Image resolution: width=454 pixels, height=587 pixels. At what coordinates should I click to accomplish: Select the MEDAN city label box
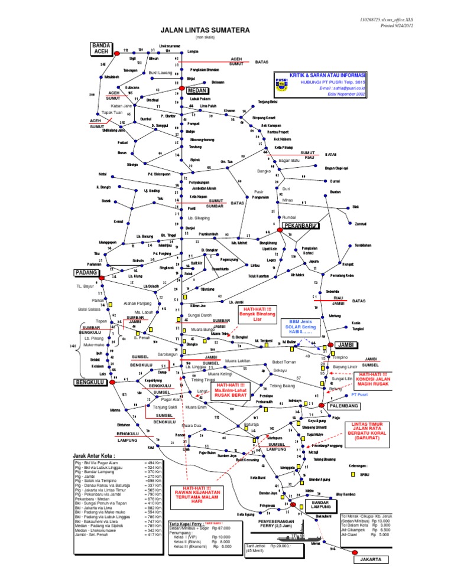click(194, 92)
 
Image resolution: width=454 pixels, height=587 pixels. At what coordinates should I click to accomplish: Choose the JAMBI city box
click(343, 344)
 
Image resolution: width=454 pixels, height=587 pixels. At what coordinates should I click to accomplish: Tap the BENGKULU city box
click(90, 383)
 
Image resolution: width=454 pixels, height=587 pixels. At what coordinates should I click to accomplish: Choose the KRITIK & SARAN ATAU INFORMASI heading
click(322, 75)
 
